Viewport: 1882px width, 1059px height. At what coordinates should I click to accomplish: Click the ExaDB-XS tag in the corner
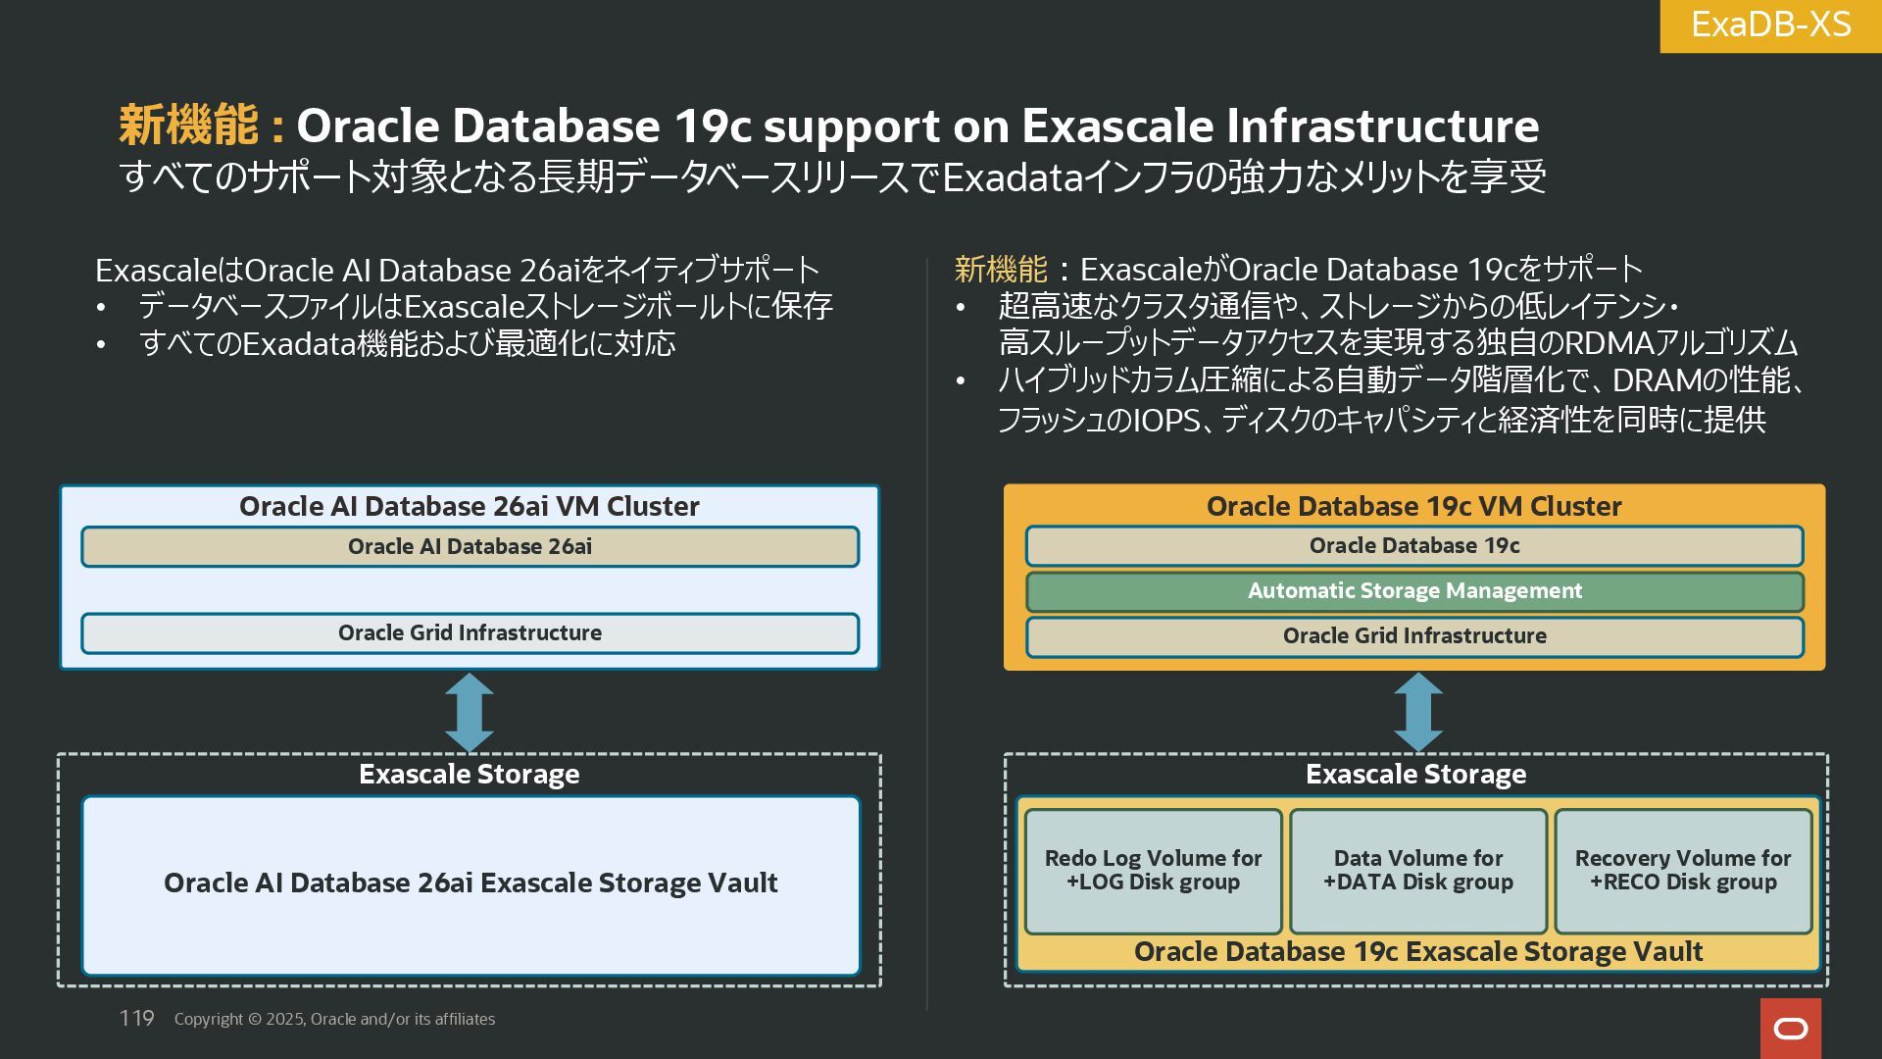(1770, 25)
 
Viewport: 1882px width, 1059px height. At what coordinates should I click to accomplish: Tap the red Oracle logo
(1790, 1028)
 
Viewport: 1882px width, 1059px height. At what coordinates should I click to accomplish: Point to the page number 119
(136, 1018)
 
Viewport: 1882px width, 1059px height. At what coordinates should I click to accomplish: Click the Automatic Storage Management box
(1413, 591)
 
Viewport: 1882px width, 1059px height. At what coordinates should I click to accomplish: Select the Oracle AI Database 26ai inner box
(470, 547)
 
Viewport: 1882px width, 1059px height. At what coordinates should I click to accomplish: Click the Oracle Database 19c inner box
(1413, 546)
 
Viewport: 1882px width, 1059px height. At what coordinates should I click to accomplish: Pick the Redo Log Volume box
(1153, 871)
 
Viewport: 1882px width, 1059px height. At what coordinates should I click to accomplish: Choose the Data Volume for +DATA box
(1417, 871)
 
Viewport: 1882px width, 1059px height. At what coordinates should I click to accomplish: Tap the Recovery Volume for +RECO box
(1682, 871)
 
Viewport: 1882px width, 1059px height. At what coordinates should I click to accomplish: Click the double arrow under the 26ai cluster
(469, 713)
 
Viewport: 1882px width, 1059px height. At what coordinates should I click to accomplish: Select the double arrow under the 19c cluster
(1417, 713)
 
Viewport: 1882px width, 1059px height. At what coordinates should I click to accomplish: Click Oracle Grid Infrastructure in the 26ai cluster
(470, 633)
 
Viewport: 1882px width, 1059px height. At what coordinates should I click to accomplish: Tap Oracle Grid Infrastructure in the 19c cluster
(1413, 636)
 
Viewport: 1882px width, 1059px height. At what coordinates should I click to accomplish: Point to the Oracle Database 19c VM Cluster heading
(1413, 506)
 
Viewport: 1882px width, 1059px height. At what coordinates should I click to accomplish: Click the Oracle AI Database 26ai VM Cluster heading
(469, 506)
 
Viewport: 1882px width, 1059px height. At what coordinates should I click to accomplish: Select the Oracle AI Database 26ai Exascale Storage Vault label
(470, 883)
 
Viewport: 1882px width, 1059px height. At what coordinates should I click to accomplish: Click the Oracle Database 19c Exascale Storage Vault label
(1417, 952)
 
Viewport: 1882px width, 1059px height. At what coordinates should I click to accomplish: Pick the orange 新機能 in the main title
(188, 126)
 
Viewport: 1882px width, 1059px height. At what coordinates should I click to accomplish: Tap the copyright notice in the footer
(334, 1019)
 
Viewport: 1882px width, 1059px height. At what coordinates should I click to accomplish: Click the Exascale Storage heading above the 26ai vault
(469, 775)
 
